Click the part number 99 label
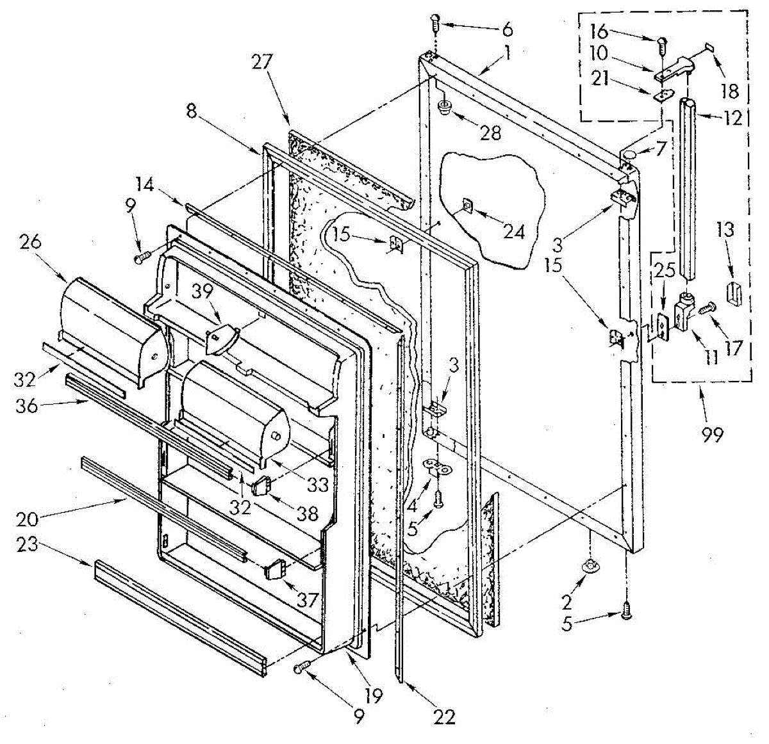713,435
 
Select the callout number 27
261,63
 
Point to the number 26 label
31,242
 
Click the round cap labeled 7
628,154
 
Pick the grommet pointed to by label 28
445,107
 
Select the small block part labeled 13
734,295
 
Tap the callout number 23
28,545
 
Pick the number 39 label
202,291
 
